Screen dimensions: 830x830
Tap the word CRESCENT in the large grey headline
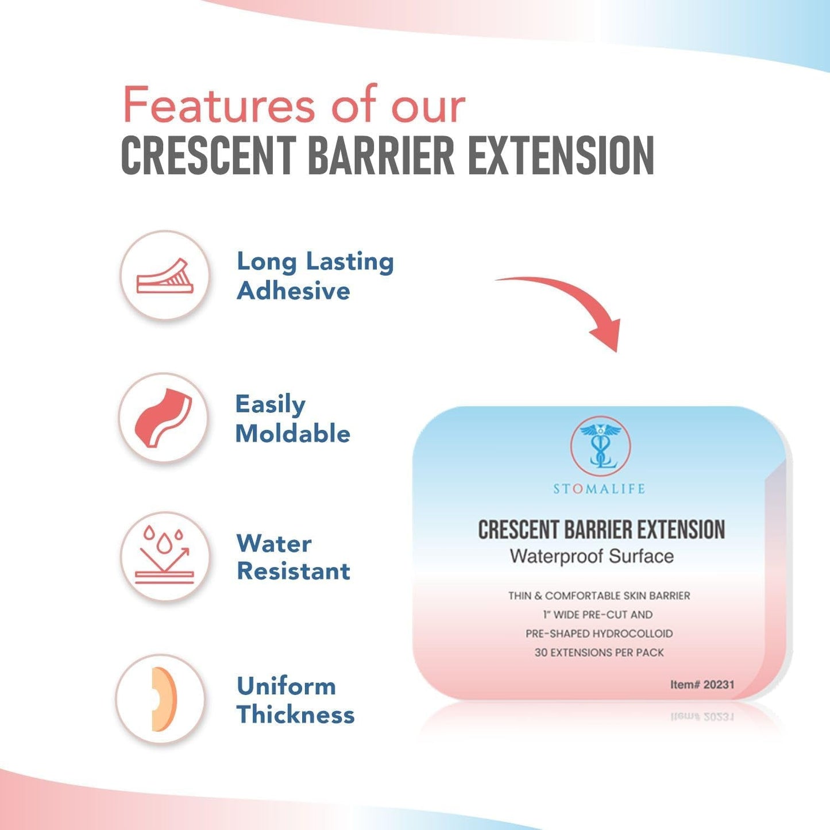click(207, 156)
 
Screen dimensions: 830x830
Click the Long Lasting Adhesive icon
click(165, 275)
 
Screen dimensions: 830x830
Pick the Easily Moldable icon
click(163, 418)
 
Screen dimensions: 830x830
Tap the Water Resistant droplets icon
click(165, 556)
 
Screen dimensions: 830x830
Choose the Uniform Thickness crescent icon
click(160, 699)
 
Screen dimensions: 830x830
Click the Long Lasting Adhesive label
click(315, 276)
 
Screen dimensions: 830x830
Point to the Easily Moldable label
click(292, 419)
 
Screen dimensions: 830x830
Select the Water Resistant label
click(293, 557)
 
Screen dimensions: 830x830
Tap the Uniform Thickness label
click(295, 700)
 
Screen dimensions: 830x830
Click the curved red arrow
click(574, 304)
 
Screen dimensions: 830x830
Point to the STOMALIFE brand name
click(599, 489)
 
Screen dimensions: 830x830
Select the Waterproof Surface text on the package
click(592, 556)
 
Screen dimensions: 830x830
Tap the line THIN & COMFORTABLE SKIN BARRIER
click(599, 596)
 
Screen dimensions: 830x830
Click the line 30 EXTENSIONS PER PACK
click(599, 653)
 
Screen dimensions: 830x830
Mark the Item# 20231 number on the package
click(702, 684)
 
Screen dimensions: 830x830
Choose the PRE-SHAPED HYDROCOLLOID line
click(599, 634)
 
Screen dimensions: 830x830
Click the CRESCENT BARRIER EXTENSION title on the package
click(601, 530)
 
